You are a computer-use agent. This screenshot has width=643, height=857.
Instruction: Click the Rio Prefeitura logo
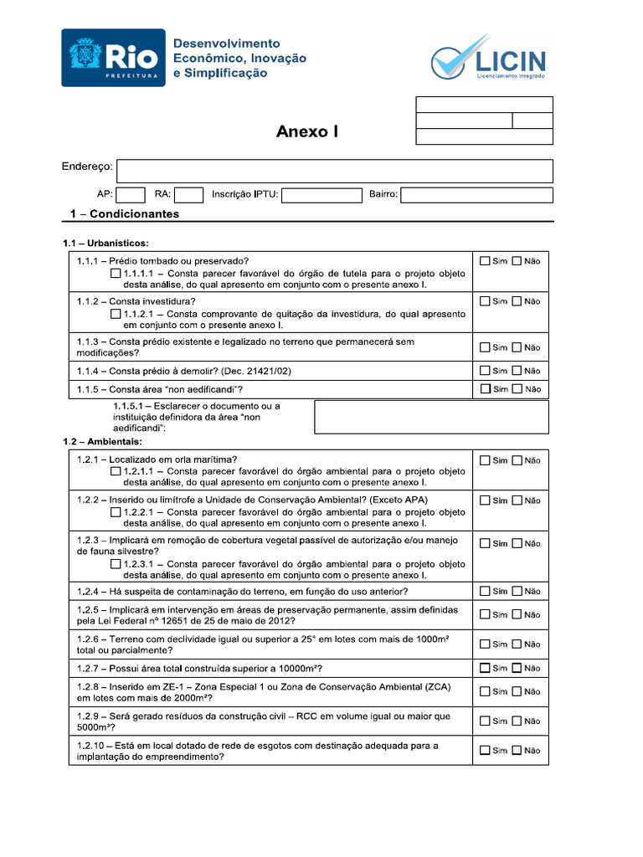coord(113,58)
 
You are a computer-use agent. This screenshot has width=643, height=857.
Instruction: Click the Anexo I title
coord(308,132)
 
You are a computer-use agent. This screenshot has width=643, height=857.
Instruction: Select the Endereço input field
coord(334,171)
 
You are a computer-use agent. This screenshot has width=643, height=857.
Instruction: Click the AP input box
coord(131,195)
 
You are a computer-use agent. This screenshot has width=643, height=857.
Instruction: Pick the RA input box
coord(189,195)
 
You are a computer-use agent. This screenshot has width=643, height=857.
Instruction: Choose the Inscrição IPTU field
coord(321,195)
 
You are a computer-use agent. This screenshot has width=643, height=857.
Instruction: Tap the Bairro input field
coord(476,195)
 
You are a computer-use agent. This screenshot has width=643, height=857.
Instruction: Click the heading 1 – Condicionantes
coord(124,214)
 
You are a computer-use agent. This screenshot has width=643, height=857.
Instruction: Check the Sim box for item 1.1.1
coord(485,261)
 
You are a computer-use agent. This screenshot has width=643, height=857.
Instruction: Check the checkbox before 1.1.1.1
coord(115,274)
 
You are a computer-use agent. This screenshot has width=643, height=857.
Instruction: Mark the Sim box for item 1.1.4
coord(485,371)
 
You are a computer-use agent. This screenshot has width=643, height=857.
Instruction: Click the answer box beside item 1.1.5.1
coord(431,417)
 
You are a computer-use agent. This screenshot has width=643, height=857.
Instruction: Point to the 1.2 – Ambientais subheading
coord(102,441)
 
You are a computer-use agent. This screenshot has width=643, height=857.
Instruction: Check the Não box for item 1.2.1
coord(517,460)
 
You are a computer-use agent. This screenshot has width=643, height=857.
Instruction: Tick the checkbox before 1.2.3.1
coord(115,564)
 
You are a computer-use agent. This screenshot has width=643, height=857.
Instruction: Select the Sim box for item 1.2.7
coord(485,668)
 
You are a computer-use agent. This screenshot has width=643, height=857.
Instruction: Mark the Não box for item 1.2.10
coord(517,751)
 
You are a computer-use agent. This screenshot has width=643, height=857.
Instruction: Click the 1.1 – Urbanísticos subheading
coord(105,244)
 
